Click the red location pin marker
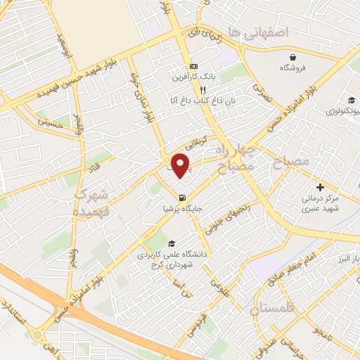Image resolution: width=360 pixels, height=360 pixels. coord(182,165)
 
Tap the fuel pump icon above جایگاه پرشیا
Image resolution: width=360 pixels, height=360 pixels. coord(183,198)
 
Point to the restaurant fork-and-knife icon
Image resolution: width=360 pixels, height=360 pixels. coord(202,90)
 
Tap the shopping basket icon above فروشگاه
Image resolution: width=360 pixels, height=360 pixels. coord(292,57)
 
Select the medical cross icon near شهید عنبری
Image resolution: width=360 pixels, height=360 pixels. coord(321,187)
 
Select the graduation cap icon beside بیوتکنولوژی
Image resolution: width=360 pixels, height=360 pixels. coord(351,100)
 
